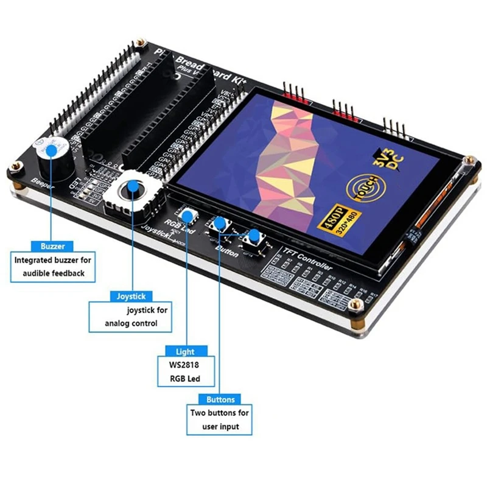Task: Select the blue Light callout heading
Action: pos(185,351)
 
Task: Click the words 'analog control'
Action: pos(131,323)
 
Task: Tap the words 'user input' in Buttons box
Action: pos(219,427)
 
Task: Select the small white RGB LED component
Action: pos(187,215)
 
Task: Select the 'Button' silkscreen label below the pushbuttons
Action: pos(227,251)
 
